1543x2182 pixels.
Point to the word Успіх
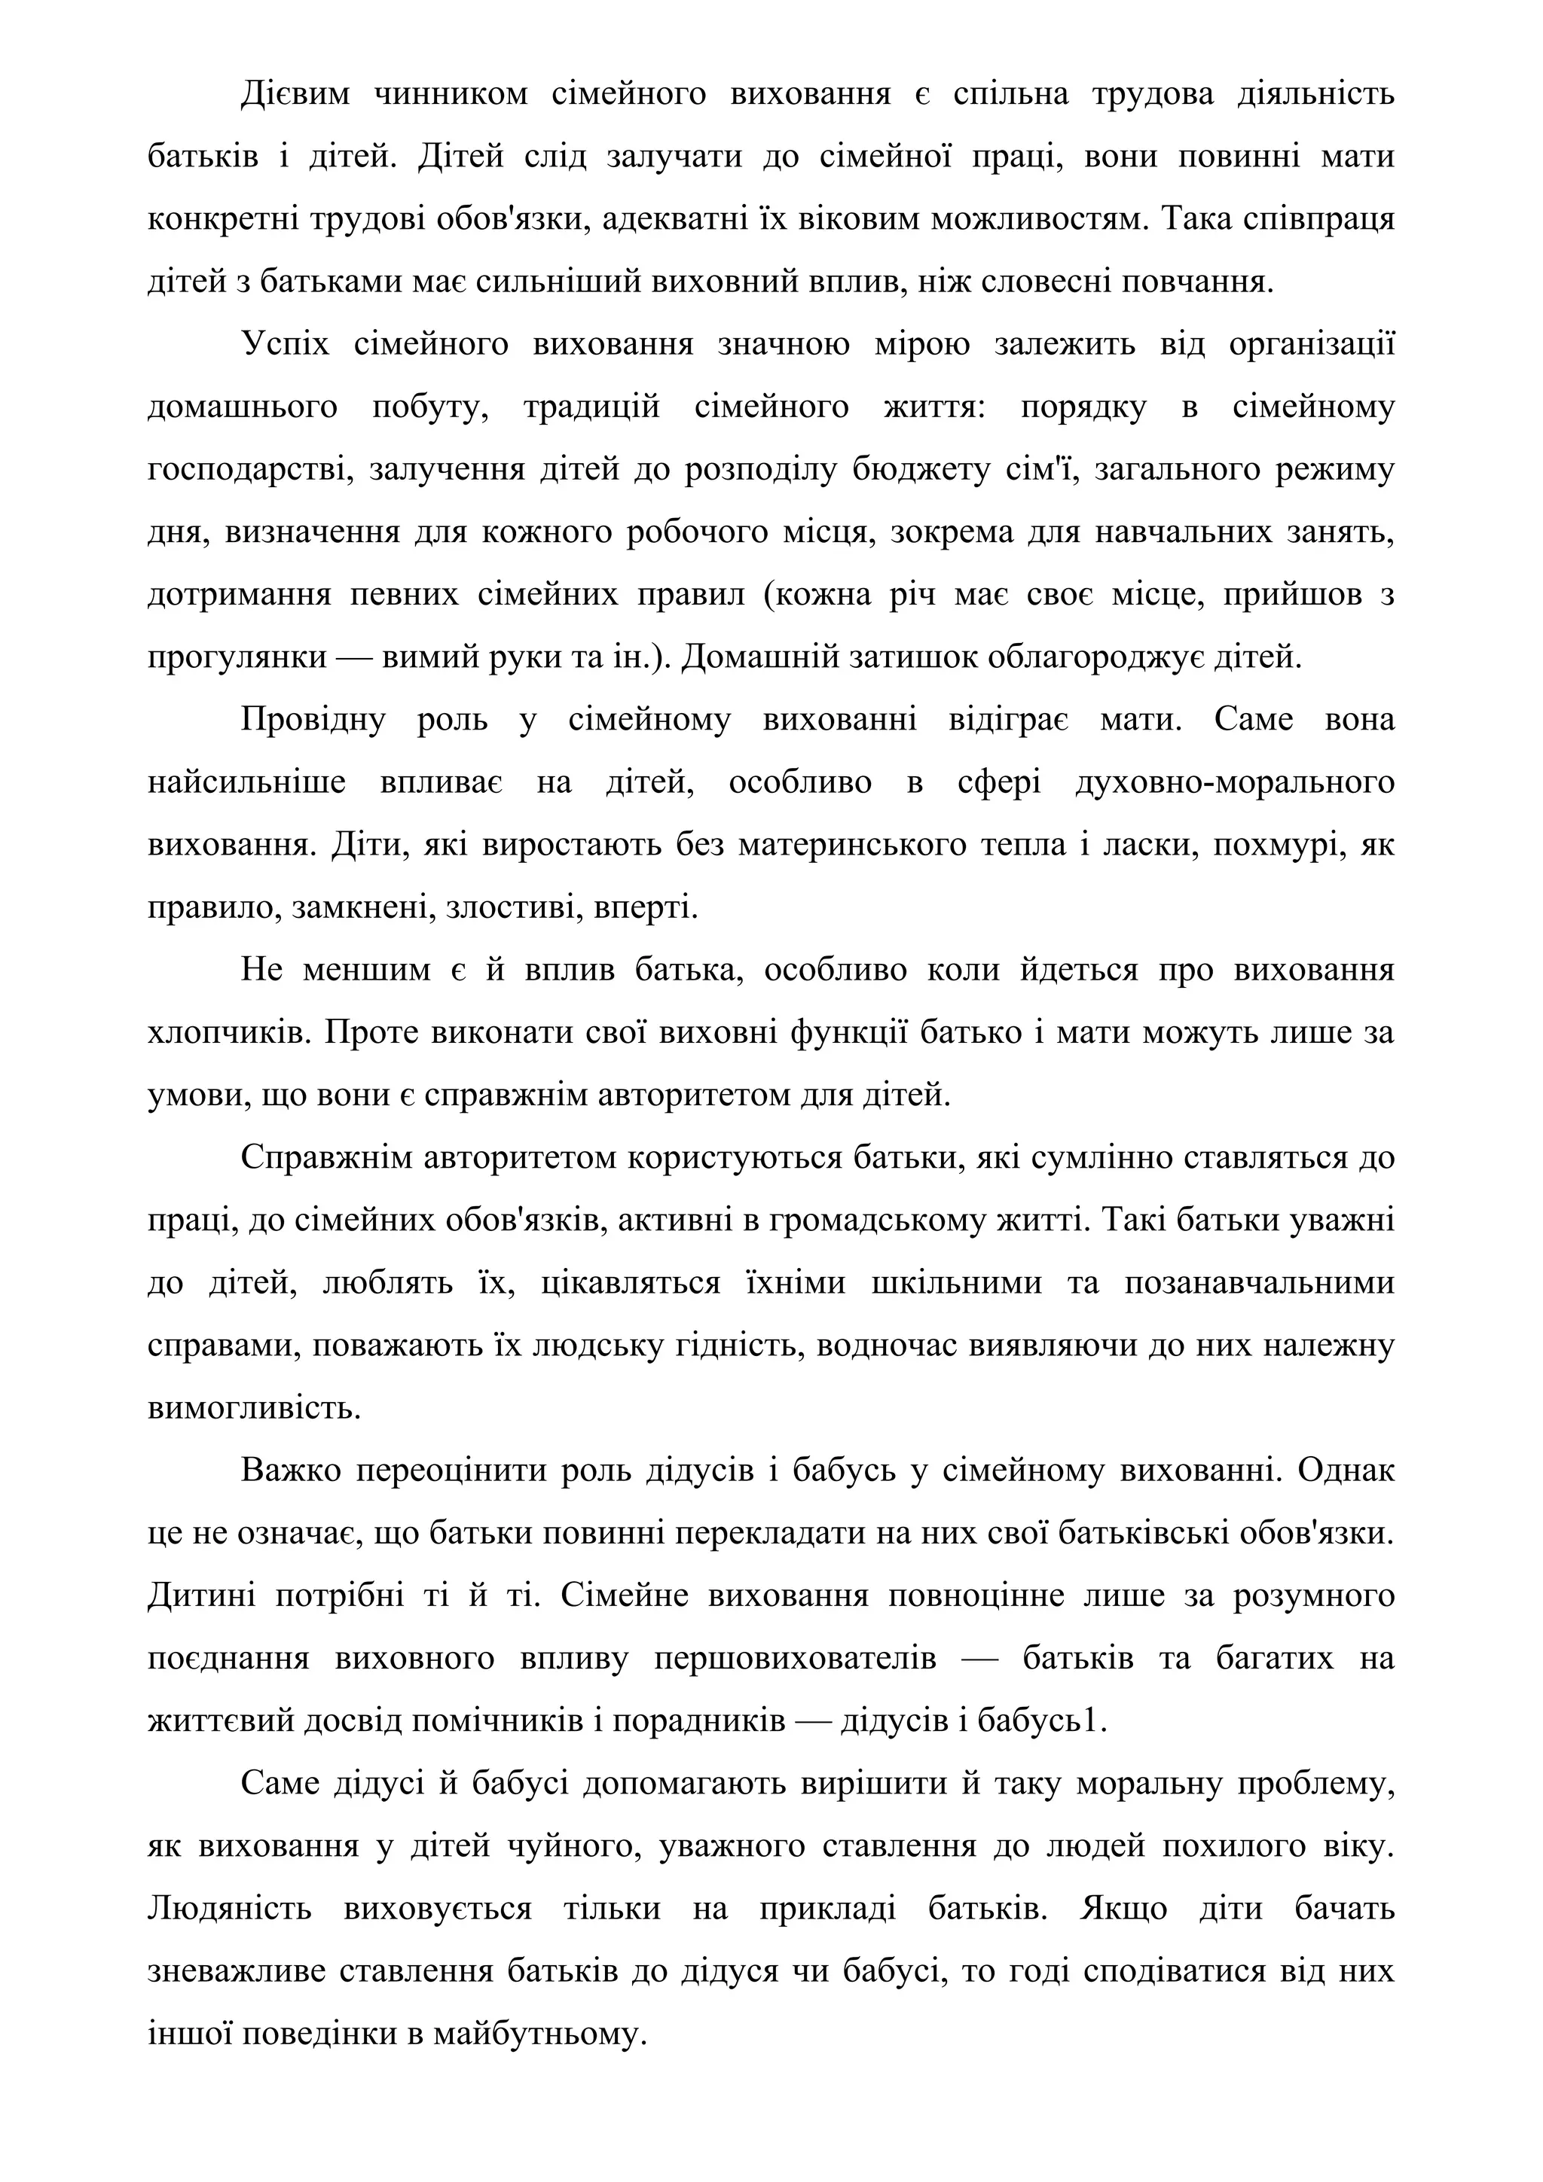(x=286, y=344)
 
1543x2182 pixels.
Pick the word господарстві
(x=246, y=470)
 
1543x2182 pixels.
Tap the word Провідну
(x=313, y=719)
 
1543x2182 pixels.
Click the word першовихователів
(x=795, y=1659)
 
